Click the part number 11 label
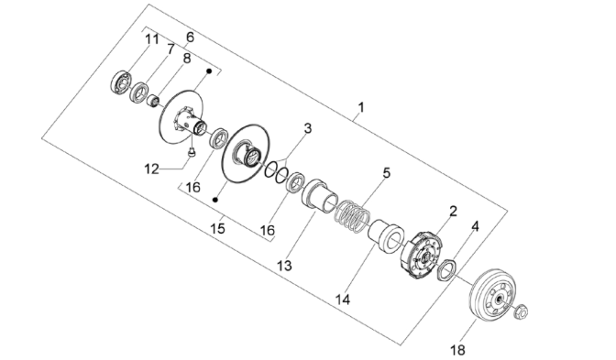152,39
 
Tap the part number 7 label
170,49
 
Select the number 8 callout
187,59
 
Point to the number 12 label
151,169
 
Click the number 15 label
217,228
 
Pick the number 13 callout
285,266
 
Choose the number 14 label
343,300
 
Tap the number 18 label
457,350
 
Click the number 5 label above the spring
387,173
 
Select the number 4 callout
476,226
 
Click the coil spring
352,216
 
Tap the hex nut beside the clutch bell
521,311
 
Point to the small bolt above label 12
192,151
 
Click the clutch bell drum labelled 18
490,295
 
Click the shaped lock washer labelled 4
446,270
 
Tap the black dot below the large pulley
214,200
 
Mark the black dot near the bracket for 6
209,71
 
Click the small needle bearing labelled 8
153,101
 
